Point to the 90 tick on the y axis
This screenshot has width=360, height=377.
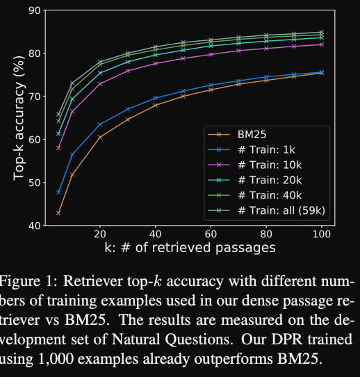pyautogui.click(x=33, y=10)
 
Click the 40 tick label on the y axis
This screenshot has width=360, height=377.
pyautogui.click(x=33, y=226)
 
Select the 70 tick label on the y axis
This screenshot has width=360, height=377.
pyautogui.click(x=33, y=97)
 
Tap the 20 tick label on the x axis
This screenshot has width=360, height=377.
pyautogui.click(x=100, y=235)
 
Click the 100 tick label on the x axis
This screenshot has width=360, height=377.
pyautogui.click(x=320, y=235)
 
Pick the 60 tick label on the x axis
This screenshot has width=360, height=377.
pyautogui.click(x=211, y=235)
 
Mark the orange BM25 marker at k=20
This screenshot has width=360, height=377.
pyautogui.click(x=100, y=137)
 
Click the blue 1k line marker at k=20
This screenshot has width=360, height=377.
pyautogui.click(x=100, y=124)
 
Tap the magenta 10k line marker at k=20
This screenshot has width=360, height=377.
pyautogui.click(x=100, y=84)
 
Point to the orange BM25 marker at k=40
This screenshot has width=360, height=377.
pyautogui.click(x=155, y=105)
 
